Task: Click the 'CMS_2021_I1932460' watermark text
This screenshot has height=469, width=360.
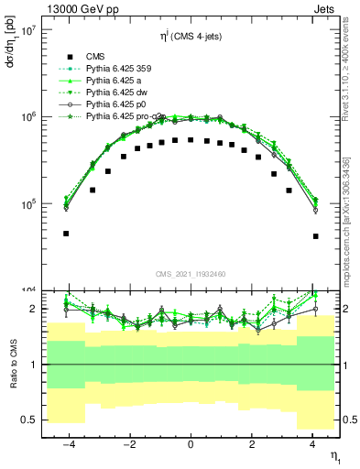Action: [190, 274]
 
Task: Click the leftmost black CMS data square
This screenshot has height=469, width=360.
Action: [67, 234]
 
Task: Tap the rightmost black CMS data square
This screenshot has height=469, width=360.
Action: [315, 236]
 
